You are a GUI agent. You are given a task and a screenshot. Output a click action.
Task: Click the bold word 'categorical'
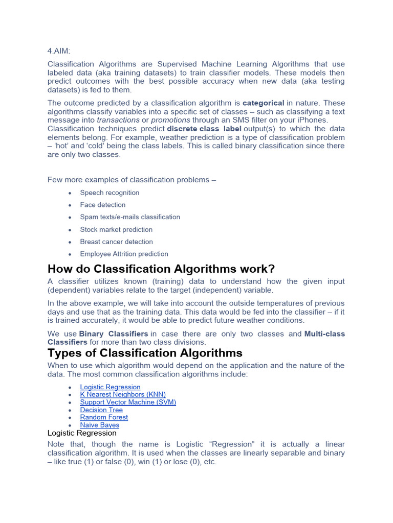point(263,103)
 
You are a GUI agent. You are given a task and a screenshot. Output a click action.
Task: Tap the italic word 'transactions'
point(119,120)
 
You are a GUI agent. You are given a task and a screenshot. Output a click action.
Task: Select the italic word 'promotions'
point(170,120)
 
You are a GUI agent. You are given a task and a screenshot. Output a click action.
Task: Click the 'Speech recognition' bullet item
point(110,193)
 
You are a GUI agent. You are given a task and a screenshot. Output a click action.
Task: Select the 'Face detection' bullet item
point(102,205)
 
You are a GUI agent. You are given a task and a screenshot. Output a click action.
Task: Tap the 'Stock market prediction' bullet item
point(116,229)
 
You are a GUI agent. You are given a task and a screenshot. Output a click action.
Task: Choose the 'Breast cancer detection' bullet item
point(116,242)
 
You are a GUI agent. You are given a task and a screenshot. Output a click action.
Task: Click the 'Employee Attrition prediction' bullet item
point(124,254)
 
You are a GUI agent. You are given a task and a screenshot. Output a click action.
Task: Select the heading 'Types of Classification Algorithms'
point(145,353)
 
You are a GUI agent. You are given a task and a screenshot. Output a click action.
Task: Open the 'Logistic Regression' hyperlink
point(110,387)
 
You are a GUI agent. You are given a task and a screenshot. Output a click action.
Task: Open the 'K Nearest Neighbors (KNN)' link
point(123,395)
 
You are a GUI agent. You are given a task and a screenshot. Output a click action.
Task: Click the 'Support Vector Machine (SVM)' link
point(128,402)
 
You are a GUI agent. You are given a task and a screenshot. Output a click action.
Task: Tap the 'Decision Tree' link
point(101,410)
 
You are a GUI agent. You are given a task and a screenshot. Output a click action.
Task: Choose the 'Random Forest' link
point(104,417)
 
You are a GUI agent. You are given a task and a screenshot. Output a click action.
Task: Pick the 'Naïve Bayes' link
point(100,425)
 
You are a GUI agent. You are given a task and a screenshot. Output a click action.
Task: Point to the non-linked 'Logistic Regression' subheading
point(82,433)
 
